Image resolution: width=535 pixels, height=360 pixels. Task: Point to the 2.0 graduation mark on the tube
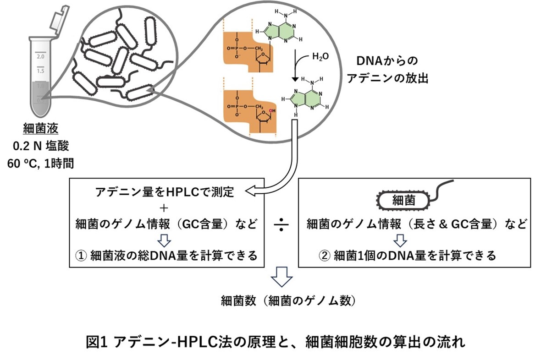pos(40,57)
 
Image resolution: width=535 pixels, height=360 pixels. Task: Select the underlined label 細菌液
pos(41,129)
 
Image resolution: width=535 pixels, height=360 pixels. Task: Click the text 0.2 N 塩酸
pos(41,146)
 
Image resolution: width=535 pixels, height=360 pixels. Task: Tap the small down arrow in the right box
pos(401,240)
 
